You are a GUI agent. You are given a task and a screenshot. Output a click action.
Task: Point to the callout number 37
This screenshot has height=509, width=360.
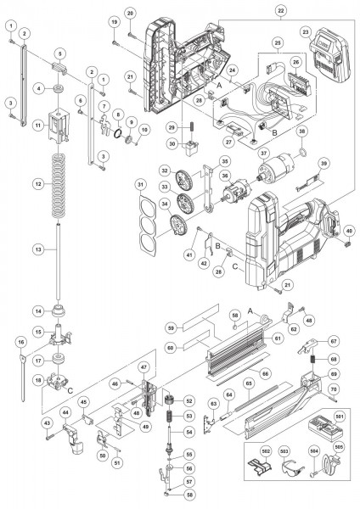264,154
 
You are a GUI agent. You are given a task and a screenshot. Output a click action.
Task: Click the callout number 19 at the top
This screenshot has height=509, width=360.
114,20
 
